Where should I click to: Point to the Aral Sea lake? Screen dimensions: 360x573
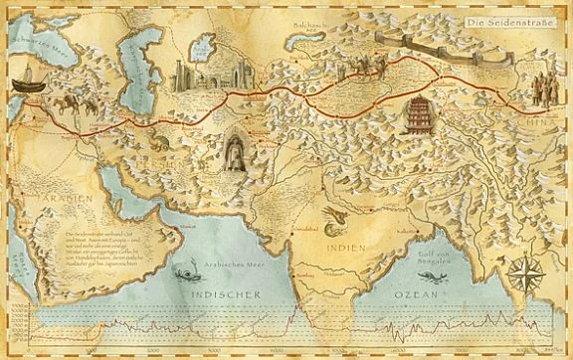tap(201, 47)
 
